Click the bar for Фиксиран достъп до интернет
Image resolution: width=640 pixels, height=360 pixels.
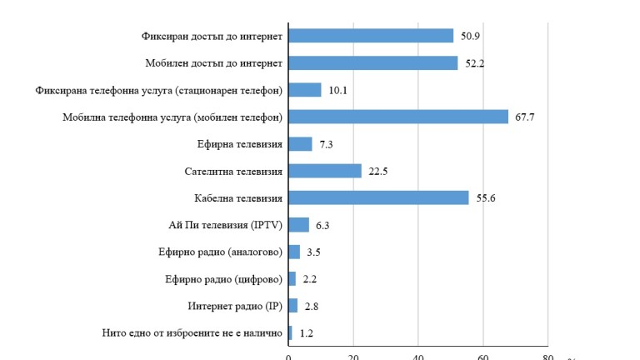point(371,36)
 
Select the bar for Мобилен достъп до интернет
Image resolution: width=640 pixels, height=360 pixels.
point(372,63)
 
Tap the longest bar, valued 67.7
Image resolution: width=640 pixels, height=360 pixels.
point(397,117)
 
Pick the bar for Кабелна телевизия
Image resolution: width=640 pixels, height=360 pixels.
point(378,197)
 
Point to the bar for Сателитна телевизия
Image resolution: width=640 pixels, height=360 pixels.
point(325,171)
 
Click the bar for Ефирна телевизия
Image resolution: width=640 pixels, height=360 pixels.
point(300,144)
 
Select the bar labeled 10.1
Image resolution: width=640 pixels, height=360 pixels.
point(304,90)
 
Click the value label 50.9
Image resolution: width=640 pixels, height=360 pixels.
point(469,37)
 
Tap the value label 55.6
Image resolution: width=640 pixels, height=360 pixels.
point(486,198)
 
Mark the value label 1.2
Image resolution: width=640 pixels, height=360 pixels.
point(307,333)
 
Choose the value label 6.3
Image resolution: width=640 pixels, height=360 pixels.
point(322,225)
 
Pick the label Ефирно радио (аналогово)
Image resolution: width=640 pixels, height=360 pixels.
point(221,252)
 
